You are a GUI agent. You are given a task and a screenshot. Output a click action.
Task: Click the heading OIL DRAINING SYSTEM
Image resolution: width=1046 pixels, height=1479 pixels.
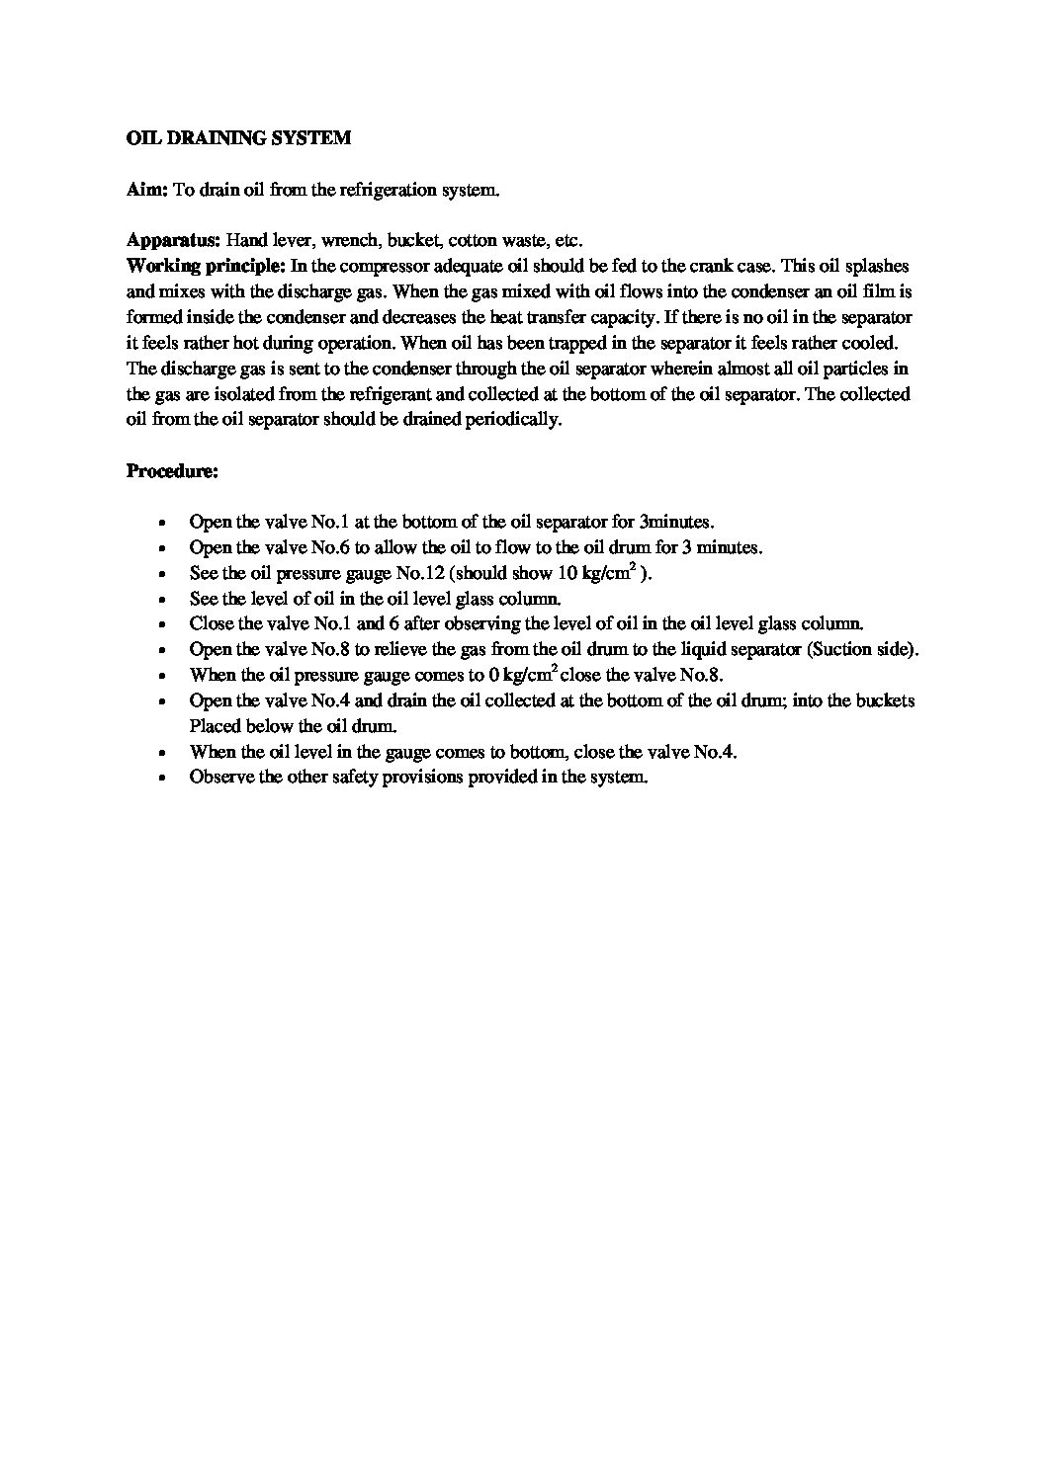238,138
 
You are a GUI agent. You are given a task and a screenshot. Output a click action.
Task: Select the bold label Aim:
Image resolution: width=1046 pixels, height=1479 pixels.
147,190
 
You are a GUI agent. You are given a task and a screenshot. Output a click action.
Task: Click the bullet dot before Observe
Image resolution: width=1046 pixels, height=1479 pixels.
161,778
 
